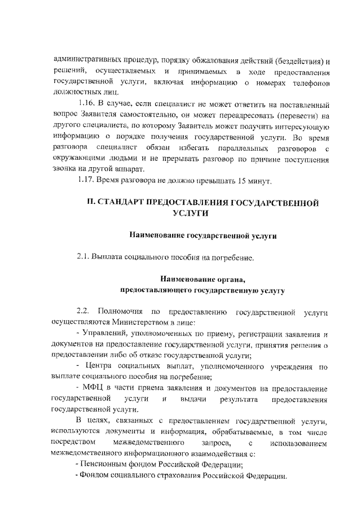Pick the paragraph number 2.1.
[x=83, y=258]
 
